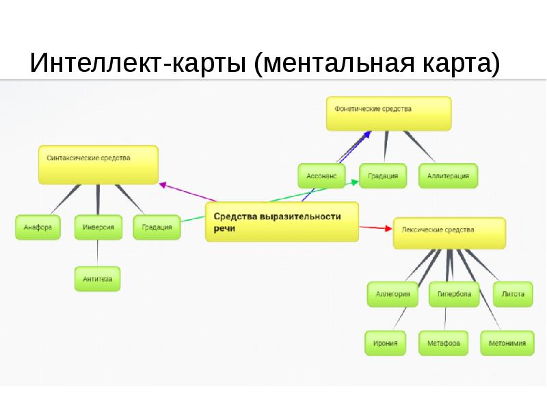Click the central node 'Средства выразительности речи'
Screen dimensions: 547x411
[x=282, y=222]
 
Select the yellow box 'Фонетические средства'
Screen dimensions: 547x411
[x=388, y=114]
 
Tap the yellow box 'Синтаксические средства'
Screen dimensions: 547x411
[x=98, y=164]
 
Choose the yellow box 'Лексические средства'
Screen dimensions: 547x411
[x=449, y=233]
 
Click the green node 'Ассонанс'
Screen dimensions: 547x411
[x=321, y=176]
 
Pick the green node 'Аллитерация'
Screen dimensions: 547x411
[x=448, y=176]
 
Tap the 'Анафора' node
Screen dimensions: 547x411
[x=38, y=227]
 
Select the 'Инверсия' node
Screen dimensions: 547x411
[x=98, y=227]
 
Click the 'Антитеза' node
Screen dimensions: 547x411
[x=97, y=279]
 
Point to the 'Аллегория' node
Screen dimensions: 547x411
[x=392, y=295]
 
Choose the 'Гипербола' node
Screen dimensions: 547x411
[x=454, y=295]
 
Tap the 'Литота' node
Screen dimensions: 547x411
[x=513, y=295]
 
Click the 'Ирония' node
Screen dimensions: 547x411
[x=385, y=343]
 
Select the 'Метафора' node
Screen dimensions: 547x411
[x=443, y=343]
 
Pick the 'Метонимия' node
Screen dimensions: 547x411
[x=507, y=343]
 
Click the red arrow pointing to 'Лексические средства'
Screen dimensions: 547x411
[x=375, y=228]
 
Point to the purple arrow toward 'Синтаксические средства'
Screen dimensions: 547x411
[x=187, y=192]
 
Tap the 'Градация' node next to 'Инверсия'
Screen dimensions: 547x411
[x=157, y=227]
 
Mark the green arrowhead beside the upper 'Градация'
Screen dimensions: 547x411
[x=355, y=182]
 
